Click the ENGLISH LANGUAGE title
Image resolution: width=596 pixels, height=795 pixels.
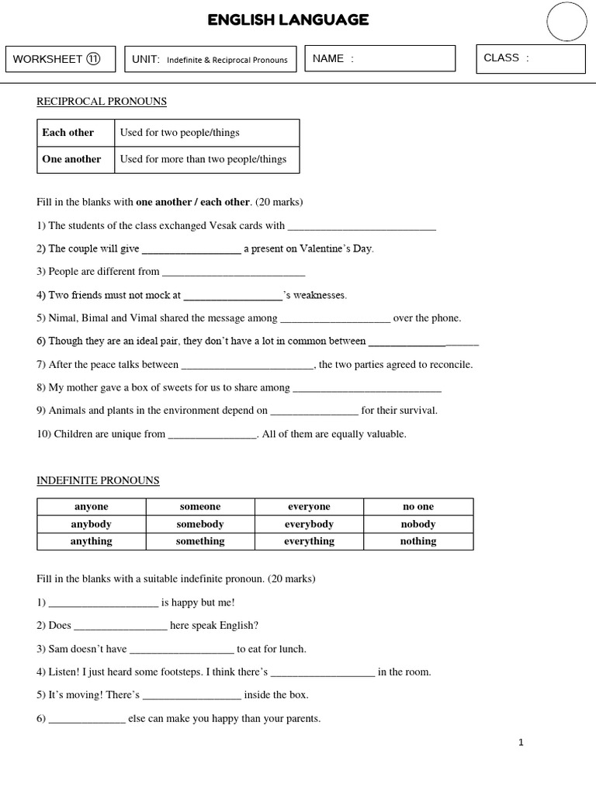[288, 20]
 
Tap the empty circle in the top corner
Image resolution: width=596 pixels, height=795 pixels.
[567, 21]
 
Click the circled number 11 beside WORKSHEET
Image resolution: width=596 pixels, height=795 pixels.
[93, 59]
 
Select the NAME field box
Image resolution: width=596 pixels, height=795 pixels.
[379, 58]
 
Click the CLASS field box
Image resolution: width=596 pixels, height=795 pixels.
[531, 58]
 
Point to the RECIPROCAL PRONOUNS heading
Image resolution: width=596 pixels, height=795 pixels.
[102, 102]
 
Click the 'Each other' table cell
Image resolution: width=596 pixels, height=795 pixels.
[76, 133]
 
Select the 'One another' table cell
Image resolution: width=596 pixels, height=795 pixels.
[76, 159]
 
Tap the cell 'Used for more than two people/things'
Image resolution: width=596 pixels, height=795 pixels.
[206, 159]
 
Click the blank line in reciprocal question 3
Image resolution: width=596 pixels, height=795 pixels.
[234, 273]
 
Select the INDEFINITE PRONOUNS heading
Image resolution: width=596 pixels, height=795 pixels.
[98, 481]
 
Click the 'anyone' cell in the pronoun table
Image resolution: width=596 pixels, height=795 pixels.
[92, 507]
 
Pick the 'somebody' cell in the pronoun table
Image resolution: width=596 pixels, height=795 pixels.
[200, 524]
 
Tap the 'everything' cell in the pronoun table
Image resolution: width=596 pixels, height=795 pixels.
[309, 541]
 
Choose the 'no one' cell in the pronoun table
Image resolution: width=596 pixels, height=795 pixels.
[418, 507]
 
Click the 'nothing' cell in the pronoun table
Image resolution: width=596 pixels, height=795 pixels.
[418, 541]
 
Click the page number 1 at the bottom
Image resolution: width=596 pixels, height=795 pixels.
[521, 743]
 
